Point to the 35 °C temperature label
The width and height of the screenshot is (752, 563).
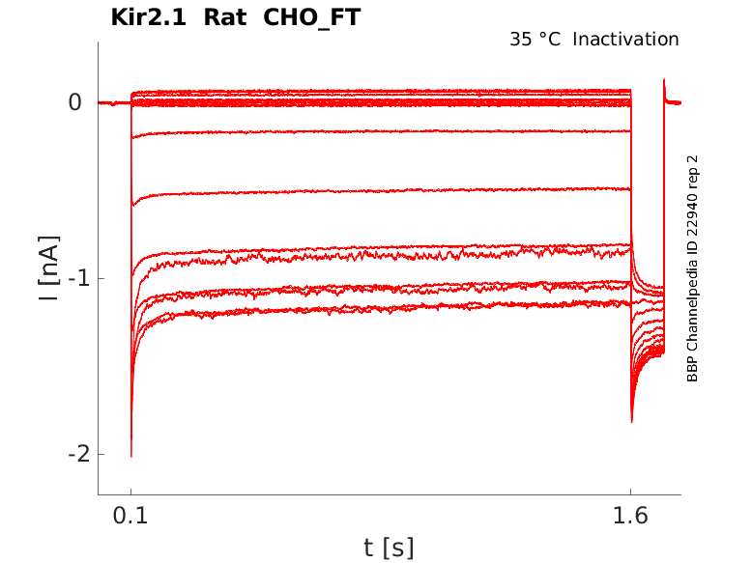point(535,40)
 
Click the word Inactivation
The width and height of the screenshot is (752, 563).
point(625,40)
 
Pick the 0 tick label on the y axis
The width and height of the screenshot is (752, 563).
point(74,102)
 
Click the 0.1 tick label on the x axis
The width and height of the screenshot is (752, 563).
point(130,517)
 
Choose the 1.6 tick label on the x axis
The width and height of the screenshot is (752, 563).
point(630,517)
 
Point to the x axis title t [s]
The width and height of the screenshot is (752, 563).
point(389,548)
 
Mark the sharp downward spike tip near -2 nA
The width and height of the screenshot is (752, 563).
point(131,455)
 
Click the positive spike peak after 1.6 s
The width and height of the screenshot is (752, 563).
point(664,80)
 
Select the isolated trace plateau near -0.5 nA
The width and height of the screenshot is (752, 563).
point(387,191)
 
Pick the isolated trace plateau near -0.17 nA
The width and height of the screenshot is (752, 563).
point(387,131)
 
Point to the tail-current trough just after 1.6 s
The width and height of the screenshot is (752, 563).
point(632,421)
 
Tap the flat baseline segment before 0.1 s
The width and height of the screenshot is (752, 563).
point(114,102)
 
